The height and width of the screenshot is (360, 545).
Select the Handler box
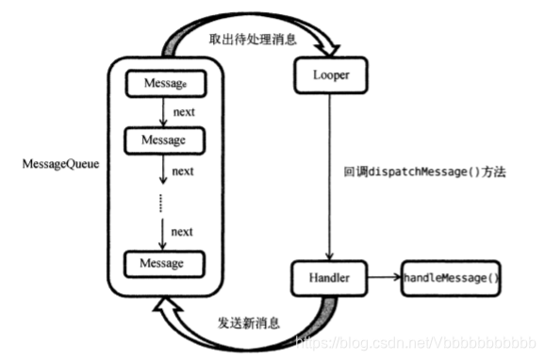[x=327, y=279]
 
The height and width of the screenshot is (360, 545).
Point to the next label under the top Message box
[x=183, y=111]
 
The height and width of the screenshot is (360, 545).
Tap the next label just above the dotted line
[x=183, y=171]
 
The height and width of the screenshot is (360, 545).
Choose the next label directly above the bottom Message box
[x=183, y=231]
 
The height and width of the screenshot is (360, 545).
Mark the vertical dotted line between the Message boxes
[x=161, y=202]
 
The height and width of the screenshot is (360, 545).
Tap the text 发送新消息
[x=249, y=323]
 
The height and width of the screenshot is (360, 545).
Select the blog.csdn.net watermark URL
[x=415, y=340]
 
